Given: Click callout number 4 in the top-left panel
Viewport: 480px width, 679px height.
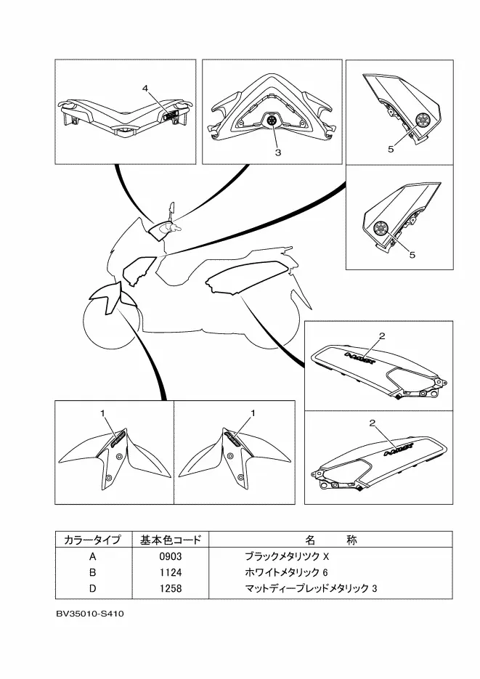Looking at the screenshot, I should click(145, 88).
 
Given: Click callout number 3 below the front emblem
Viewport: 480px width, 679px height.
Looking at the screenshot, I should click(277, 153).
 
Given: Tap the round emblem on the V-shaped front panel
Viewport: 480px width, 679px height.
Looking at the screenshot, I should click(272, 121).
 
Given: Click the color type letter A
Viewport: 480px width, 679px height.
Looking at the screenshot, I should click(91, 556).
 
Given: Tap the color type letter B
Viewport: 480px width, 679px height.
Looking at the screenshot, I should click(91, 572).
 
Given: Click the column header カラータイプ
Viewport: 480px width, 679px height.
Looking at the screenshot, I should click(91, 540).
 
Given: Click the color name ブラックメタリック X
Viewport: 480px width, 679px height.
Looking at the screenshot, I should click(287, 556).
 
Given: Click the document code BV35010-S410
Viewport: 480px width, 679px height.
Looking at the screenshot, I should click(91, 614).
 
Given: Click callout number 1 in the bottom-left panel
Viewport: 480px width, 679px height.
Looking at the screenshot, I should click(104, 412).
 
